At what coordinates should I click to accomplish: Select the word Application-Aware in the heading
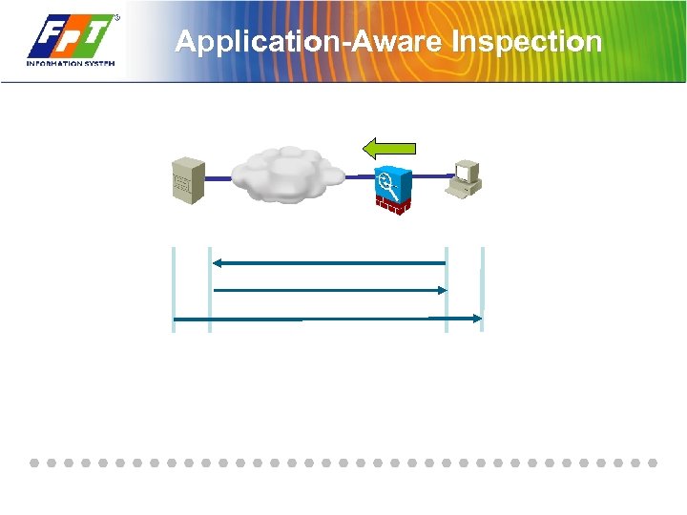310,42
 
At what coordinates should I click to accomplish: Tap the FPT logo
72,38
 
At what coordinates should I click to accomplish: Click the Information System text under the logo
72,64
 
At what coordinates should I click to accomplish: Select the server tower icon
187,178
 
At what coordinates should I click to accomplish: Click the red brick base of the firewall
393,205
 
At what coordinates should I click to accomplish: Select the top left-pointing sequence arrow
329,261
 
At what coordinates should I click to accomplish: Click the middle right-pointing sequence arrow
329,289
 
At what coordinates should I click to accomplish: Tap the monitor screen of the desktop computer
466,172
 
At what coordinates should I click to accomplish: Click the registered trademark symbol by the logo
117,18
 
